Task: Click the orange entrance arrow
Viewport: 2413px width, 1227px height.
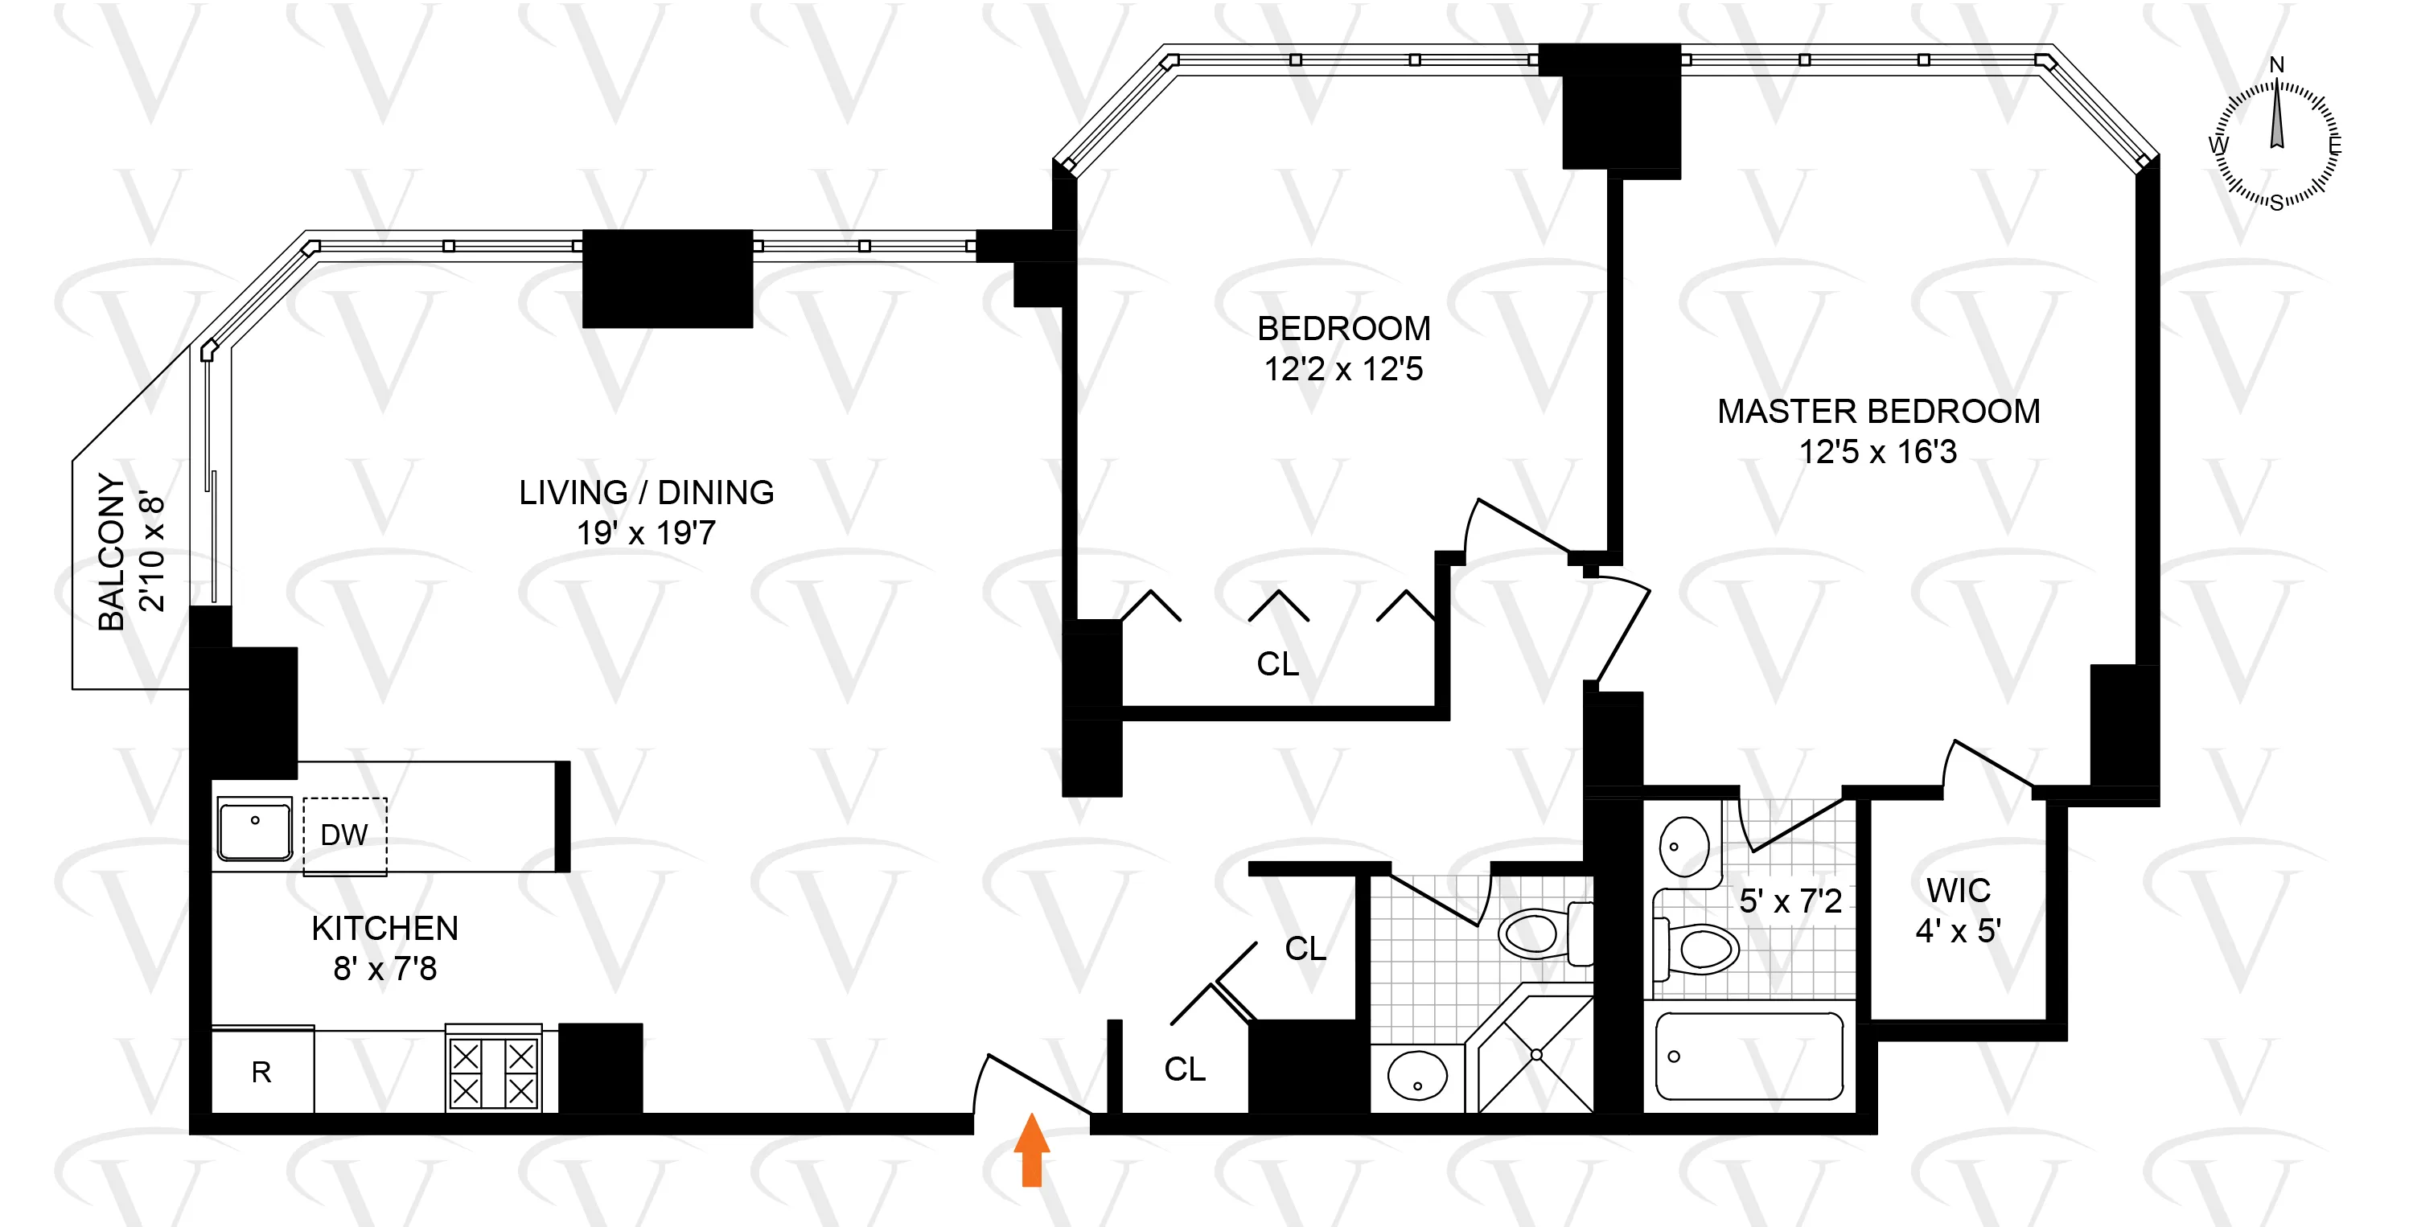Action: coord(1031,1149)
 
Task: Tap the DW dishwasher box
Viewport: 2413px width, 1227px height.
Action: coord(343,835)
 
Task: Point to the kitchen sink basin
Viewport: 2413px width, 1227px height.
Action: coord(255,828)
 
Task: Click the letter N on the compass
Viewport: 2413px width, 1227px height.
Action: coord(2277,64)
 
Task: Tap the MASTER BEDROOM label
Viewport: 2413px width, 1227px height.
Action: coord(1878,411)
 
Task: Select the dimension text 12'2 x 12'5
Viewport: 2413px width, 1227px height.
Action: coord(1343,369)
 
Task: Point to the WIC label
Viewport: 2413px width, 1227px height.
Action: coord(1958,890)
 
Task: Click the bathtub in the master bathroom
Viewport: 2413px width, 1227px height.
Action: coord(1749,1057)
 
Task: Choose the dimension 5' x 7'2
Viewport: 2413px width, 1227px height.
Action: coord(1790,901)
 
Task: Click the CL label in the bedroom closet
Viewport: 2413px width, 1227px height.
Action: coord(1278,664)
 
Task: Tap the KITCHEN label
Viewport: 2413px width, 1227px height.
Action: coord(385,928)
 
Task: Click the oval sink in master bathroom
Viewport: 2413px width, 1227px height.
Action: coord(1683,846)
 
